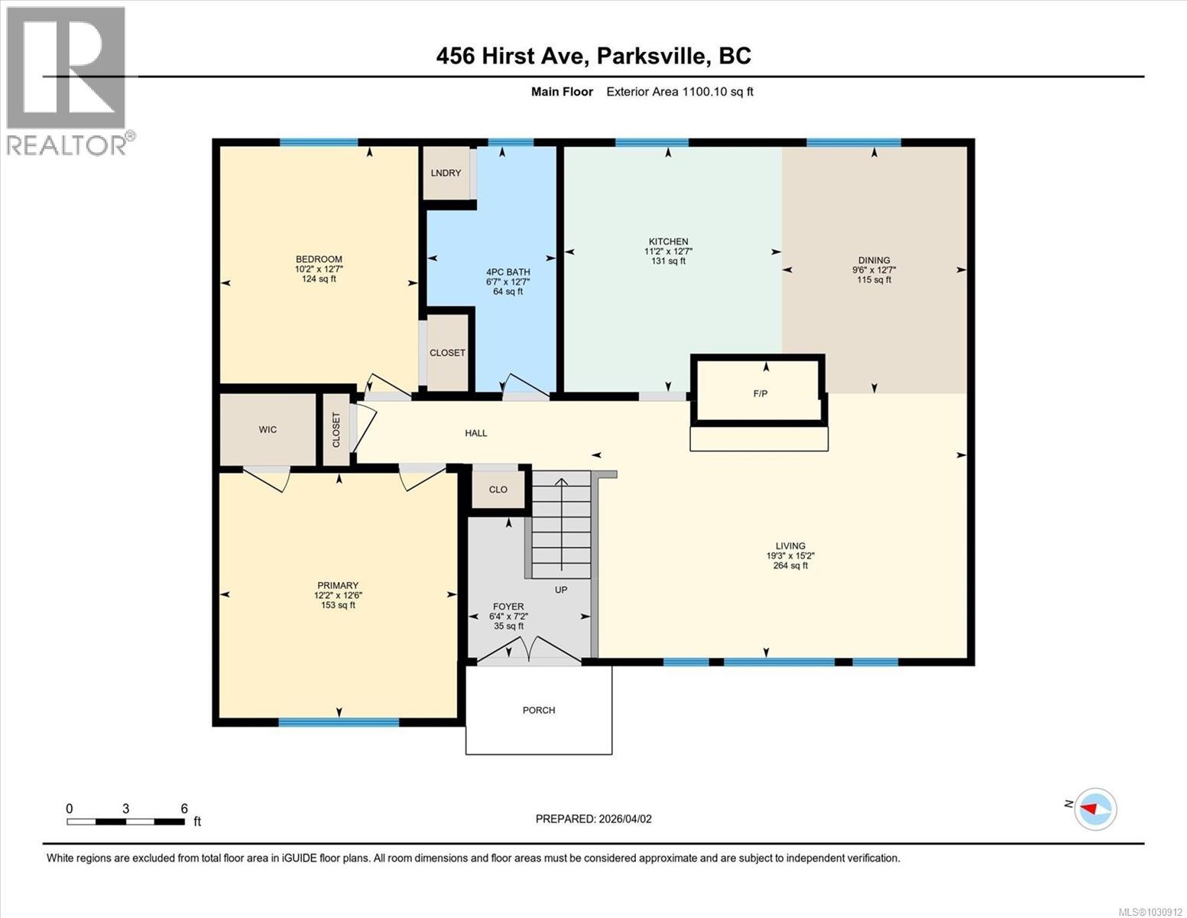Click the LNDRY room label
click(446, 173)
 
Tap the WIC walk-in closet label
click(268, 429)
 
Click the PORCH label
click(539, 710)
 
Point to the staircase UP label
click(561, 590)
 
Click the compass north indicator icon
click(1095, 809)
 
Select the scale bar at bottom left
click(126, 822)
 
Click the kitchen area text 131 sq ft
click(668, 261)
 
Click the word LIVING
click(790, 546)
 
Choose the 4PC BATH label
click(508, 272)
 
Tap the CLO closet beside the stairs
click(498, 489)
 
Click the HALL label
click(476, 433)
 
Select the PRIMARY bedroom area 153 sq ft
click(338, 605)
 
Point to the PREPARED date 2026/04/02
click(593, 819)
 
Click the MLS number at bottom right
click(1151, 911)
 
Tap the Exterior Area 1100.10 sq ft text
click(679, 92)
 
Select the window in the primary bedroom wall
click(339, 721)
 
